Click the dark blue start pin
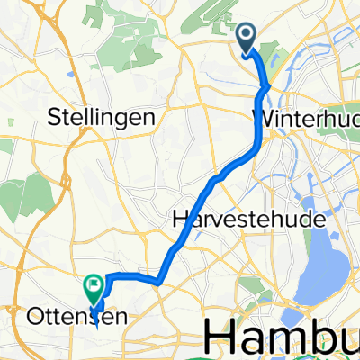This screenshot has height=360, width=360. click(x=248, y=37)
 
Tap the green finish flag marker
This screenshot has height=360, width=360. click(x=94, y=289)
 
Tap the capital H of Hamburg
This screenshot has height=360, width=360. click(x=220, y=337)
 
